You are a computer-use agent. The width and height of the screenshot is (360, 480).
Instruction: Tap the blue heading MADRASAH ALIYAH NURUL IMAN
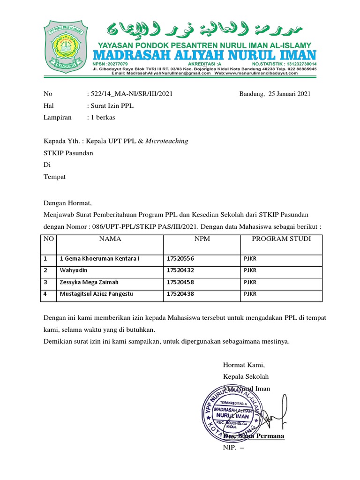coord(206,54)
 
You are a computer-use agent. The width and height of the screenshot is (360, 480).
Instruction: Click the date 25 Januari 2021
coord(289,94)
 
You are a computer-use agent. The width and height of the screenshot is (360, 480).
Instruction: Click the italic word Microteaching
coord(167,141)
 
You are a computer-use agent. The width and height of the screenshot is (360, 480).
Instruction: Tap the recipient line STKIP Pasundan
coord(68,153)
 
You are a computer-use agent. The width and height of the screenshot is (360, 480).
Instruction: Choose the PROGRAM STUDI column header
coord(281,239)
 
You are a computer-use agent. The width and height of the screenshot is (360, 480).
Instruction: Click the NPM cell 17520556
coord(180,259)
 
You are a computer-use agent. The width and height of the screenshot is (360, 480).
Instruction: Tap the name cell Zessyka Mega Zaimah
coord(89,283)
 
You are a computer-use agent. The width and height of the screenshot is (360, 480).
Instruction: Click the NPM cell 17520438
coord(180,294)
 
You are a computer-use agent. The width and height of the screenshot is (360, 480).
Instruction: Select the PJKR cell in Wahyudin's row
coord(250,270)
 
